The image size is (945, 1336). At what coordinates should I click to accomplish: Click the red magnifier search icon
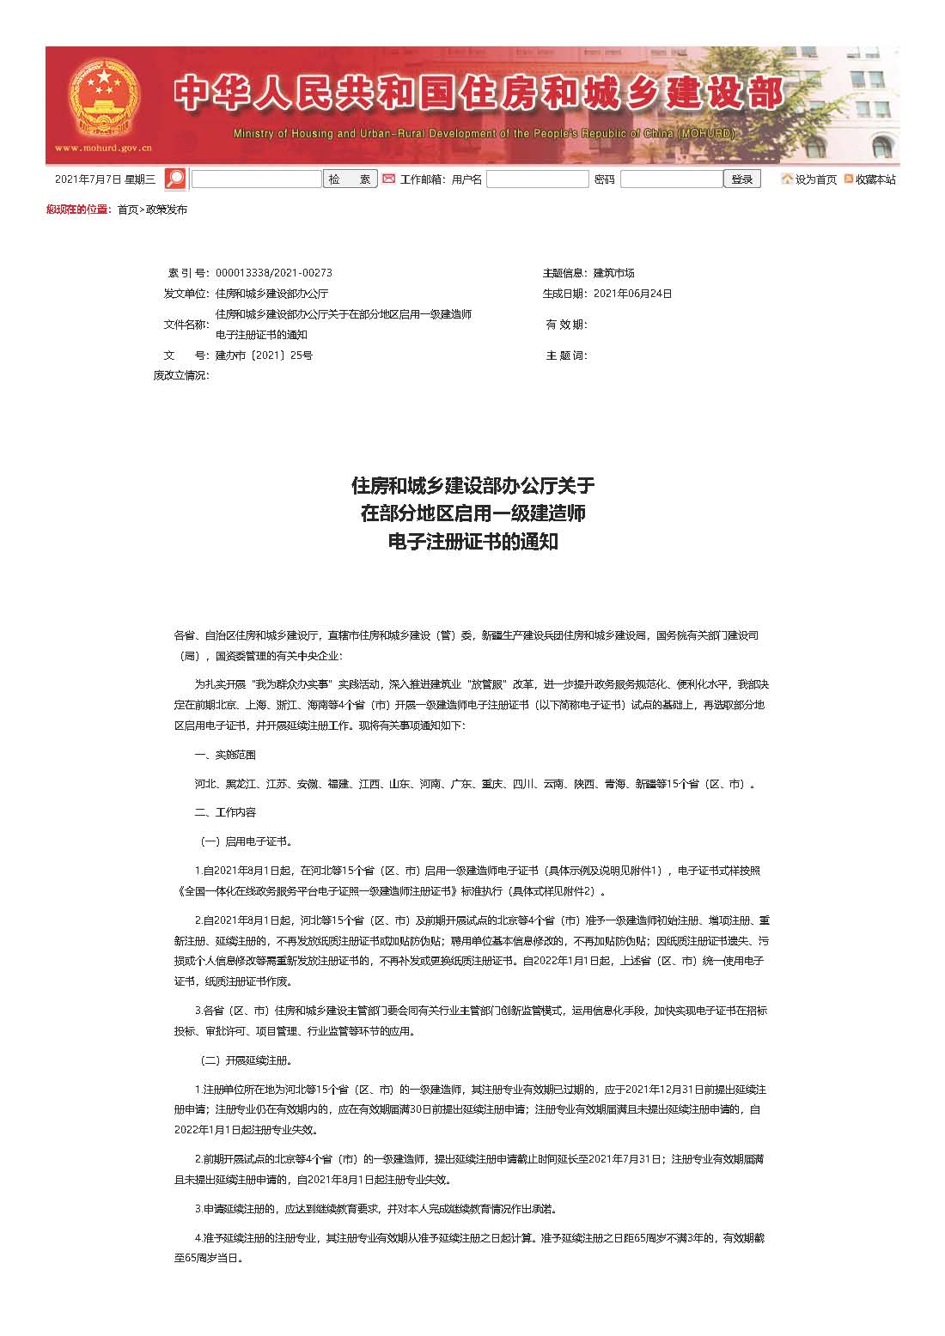click(175, 179)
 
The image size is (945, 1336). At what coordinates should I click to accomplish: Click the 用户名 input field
click(537, 179)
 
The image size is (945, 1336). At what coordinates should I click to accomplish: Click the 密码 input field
click(671, 179)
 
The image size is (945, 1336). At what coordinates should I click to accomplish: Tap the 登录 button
click(742, 179)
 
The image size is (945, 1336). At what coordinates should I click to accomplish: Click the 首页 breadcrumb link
click(127, 210)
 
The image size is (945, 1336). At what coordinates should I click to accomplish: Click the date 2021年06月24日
click(632, 294)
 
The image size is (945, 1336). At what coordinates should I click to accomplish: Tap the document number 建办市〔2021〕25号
click(264, 355)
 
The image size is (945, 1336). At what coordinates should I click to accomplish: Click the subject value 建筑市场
click(613, 273)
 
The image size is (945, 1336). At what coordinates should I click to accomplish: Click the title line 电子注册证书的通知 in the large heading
click(472, 543)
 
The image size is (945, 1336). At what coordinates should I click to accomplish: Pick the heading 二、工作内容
click(225, 812)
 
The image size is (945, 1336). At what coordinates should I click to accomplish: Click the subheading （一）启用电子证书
click(247, 841)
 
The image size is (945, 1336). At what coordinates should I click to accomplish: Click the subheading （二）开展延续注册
click(247, 1060)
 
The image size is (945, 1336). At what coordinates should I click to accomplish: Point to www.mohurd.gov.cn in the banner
click(103, 148)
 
